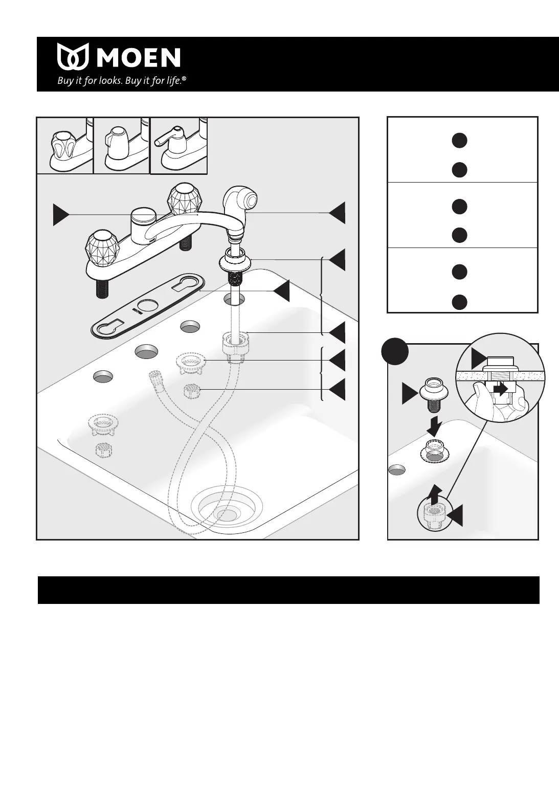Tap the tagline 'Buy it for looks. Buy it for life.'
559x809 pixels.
click(x=121, y=80)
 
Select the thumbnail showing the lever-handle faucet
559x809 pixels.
click(x=178, y=146)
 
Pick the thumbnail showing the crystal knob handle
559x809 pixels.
click(x=65, y=146)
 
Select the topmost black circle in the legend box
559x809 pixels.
click(x=459, y=141)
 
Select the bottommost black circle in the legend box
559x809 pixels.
click(x=459, y=302)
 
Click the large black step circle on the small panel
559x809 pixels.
click(x=395, y=353)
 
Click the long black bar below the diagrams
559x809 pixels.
click(x=288, y=590)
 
